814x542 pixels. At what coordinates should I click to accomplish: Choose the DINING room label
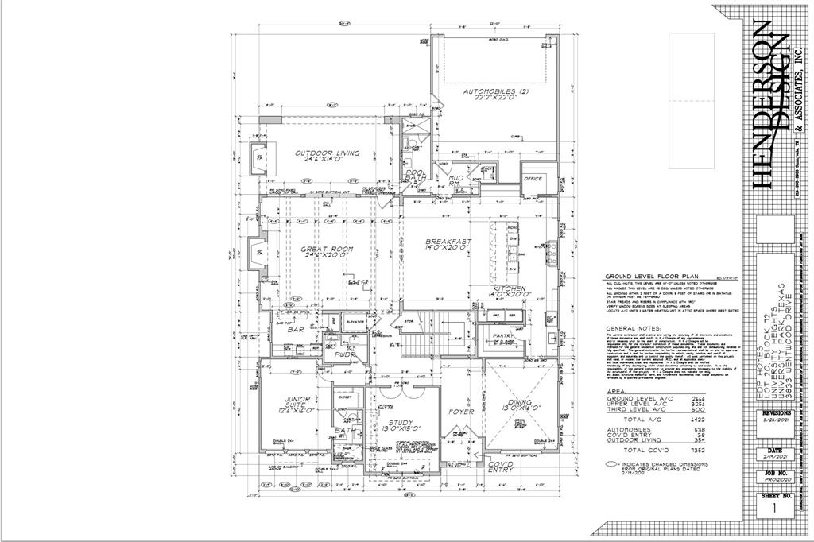[521, 404]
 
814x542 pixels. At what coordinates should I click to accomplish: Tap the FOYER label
[461, 412]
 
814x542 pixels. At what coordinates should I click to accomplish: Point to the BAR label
[297, 329]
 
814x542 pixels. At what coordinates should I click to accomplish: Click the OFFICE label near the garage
[533, 179]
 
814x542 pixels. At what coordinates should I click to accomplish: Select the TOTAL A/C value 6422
[698, 417]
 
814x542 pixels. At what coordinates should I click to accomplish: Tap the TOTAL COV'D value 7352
[698, 451]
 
